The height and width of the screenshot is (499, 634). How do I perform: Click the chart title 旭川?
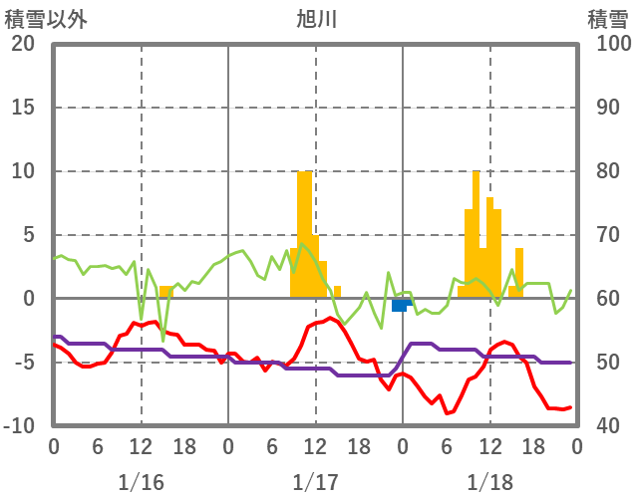(317, 18)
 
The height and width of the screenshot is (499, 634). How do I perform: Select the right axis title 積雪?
(606, 18)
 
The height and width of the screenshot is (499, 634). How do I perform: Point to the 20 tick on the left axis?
(23, 44)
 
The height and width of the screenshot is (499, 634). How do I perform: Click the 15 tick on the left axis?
(23, 108)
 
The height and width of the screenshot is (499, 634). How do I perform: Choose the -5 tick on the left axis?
(23, 363)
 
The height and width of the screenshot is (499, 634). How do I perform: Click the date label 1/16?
(141, 482)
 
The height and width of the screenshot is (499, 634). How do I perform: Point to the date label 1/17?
(315, 482)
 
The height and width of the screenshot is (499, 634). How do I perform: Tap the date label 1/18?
(489, 482)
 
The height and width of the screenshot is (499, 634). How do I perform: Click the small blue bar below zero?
(400, 305)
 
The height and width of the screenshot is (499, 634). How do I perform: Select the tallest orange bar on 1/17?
(305, 234)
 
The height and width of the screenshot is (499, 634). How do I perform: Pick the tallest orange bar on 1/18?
(476, 234)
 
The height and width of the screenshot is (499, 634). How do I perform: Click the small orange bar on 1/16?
(165, 292)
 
